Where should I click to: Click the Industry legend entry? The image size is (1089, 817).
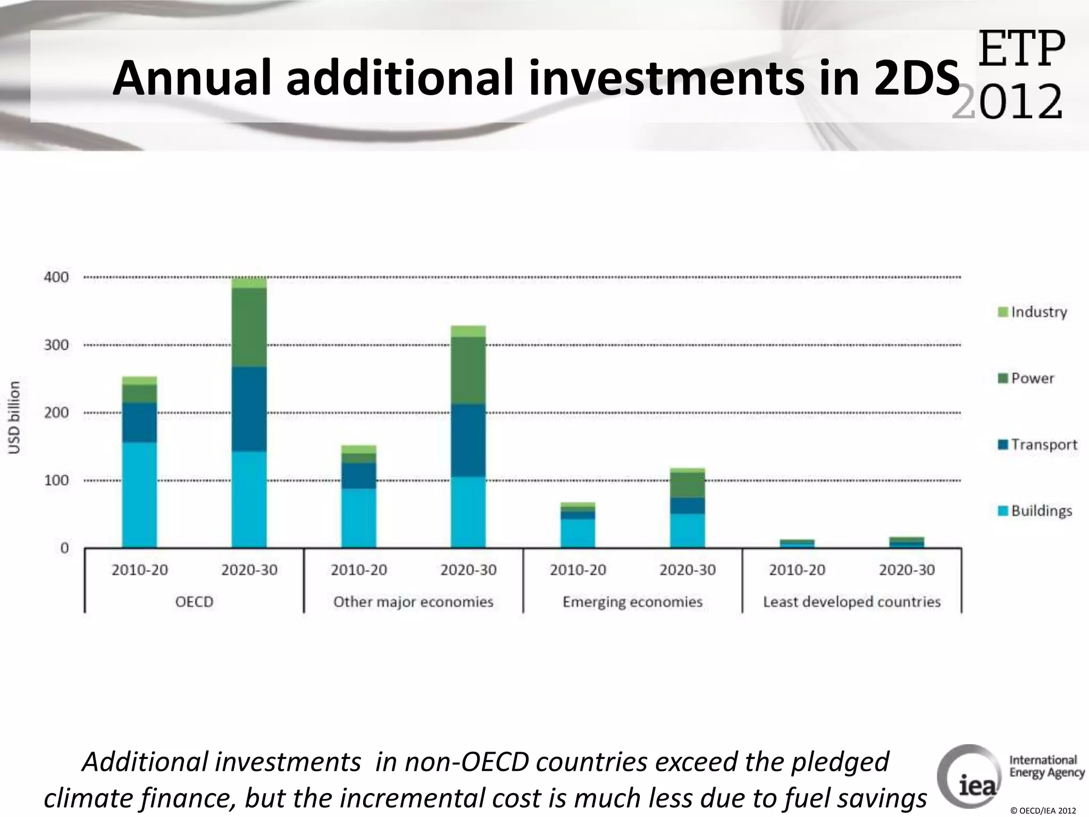coord(1033,312)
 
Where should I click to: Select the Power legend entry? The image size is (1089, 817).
coord(1026,378)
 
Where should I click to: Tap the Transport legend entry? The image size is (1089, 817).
coord(1037,445)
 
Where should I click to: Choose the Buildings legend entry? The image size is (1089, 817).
coord(1035,511)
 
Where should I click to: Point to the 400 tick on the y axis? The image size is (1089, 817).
coord(56,277)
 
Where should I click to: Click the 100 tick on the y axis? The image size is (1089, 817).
coord(56,480)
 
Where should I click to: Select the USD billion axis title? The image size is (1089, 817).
coord(15,418)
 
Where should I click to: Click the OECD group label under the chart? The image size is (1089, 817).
coord(194,602)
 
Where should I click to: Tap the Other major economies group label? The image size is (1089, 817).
coord(413,602)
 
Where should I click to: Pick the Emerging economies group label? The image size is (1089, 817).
coord(632,602)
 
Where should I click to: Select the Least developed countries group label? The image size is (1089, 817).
coord(852,602)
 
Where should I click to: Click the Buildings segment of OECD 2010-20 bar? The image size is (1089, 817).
coord(139,495)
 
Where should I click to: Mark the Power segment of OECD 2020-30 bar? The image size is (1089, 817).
coord(249,327)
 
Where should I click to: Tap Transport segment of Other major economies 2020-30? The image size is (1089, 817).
coord(468,440)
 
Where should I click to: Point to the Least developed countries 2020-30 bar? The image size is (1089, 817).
coord(907,543)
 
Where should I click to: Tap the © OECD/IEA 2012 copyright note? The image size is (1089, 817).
coord(1042,811)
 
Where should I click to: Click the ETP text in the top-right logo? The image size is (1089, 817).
coord(1021,49)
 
